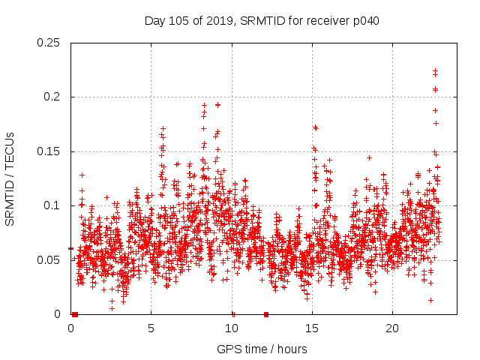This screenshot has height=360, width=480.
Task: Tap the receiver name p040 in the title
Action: pos(364,21)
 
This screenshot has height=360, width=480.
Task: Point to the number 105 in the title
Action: pos(178,21)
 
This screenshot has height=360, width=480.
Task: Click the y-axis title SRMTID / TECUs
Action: pos(10,178)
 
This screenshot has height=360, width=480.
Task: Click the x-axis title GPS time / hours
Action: pos(262,349)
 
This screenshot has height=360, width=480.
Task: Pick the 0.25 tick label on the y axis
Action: pos(49,43)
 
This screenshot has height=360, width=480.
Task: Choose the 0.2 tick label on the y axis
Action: pos(52,97)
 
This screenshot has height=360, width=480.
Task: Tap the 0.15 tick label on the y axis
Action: pos(49,151)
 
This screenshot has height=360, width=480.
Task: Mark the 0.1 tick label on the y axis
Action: pos(52,205)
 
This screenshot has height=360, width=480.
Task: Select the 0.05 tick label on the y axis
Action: pos(49,260)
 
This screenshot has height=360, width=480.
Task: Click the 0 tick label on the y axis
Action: pos(59,314)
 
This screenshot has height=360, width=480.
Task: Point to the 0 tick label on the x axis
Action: pos(70,328)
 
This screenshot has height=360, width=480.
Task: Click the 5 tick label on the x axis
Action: pos(151,328)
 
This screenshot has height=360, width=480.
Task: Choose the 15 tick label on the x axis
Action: pos(311,328)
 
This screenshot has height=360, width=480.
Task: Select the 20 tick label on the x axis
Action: pos(391,328)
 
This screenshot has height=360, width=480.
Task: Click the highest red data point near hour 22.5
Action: pos(435,70)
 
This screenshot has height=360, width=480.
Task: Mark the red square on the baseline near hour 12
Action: pos(265,314)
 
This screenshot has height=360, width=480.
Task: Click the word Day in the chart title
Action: pos(154,21)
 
